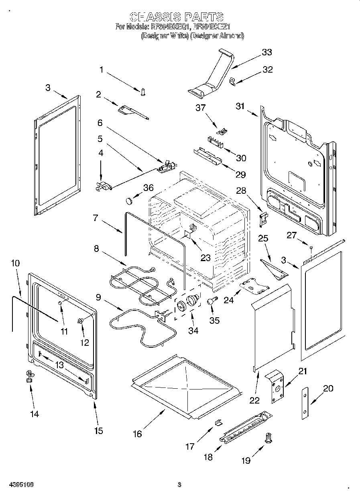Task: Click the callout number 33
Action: [266, 52]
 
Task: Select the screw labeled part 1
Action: [142, 92]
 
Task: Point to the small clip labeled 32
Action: [232, 81]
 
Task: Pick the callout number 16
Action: [137, 434]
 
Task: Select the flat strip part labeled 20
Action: [306, 404]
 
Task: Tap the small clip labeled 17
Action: [218, 422]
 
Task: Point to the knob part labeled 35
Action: [212, 301]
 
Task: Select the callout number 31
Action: [240, 106]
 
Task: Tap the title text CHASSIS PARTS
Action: [177, 17]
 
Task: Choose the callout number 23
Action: [205, 258]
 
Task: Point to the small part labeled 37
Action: [222, 130]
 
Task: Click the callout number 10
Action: [15, 264]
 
